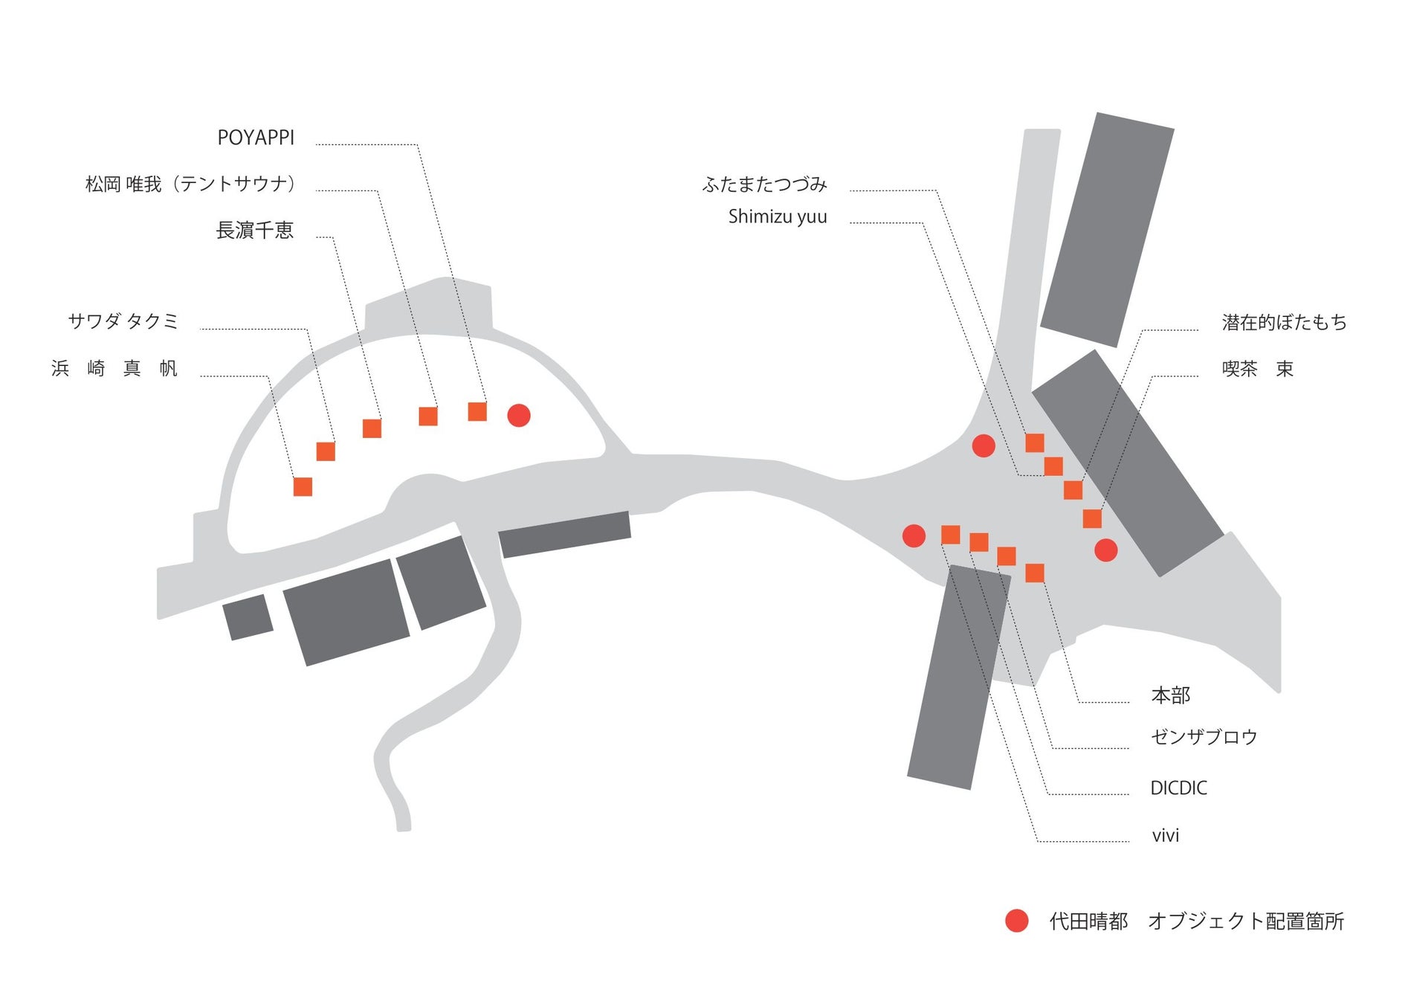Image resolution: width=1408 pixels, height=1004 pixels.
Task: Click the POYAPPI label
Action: click(x=256, y=138)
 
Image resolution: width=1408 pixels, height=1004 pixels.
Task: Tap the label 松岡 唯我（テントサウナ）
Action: click(x=190, y=184)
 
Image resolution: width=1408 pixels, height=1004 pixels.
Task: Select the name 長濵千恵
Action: click(x=254, y=231)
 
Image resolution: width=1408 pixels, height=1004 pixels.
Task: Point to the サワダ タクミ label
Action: click(x=123, y=321)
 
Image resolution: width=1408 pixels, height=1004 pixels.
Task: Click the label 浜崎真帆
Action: click(x=114, y=368)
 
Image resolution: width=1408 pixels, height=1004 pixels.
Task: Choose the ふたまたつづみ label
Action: click(x=764, y=184)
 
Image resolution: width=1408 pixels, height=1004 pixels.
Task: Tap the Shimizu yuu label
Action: click(x=777, y=216)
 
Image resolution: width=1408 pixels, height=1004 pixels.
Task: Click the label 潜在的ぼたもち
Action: click(x=1284, y=322)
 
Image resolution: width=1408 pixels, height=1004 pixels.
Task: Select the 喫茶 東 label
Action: click(x=1257, y=369)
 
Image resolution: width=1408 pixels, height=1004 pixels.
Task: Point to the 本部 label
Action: click(x=1170, y=695)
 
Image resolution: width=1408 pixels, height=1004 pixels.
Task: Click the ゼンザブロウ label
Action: click(x=1204, y=737)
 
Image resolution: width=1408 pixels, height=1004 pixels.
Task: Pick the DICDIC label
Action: click(x=1178, y=788)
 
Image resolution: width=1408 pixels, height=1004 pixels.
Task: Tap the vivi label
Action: click(x=1165, y=836)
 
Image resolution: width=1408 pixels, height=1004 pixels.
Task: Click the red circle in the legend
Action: click(x=1016, y=921)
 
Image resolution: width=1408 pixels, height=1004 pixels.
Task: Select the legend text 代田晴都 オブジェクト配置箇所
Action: click(x=1196, y=921)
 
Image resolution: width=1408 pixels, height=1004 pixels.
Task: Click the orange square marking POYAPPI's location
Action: click(x=477, y=411)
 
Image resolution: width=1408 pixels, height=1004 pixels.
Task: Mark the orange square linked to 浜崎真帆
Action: click(x=303, y=486)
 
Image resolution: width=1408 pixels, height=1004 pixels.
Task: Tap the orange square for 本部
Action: click(x=1034, y=573)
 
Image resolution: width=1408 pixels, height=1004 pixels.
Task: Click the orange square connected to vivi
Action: click(x=950, y=535)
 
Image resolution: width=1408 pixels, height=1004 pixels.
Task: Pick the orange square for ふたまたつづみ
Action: click(x=1034, y=443)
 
